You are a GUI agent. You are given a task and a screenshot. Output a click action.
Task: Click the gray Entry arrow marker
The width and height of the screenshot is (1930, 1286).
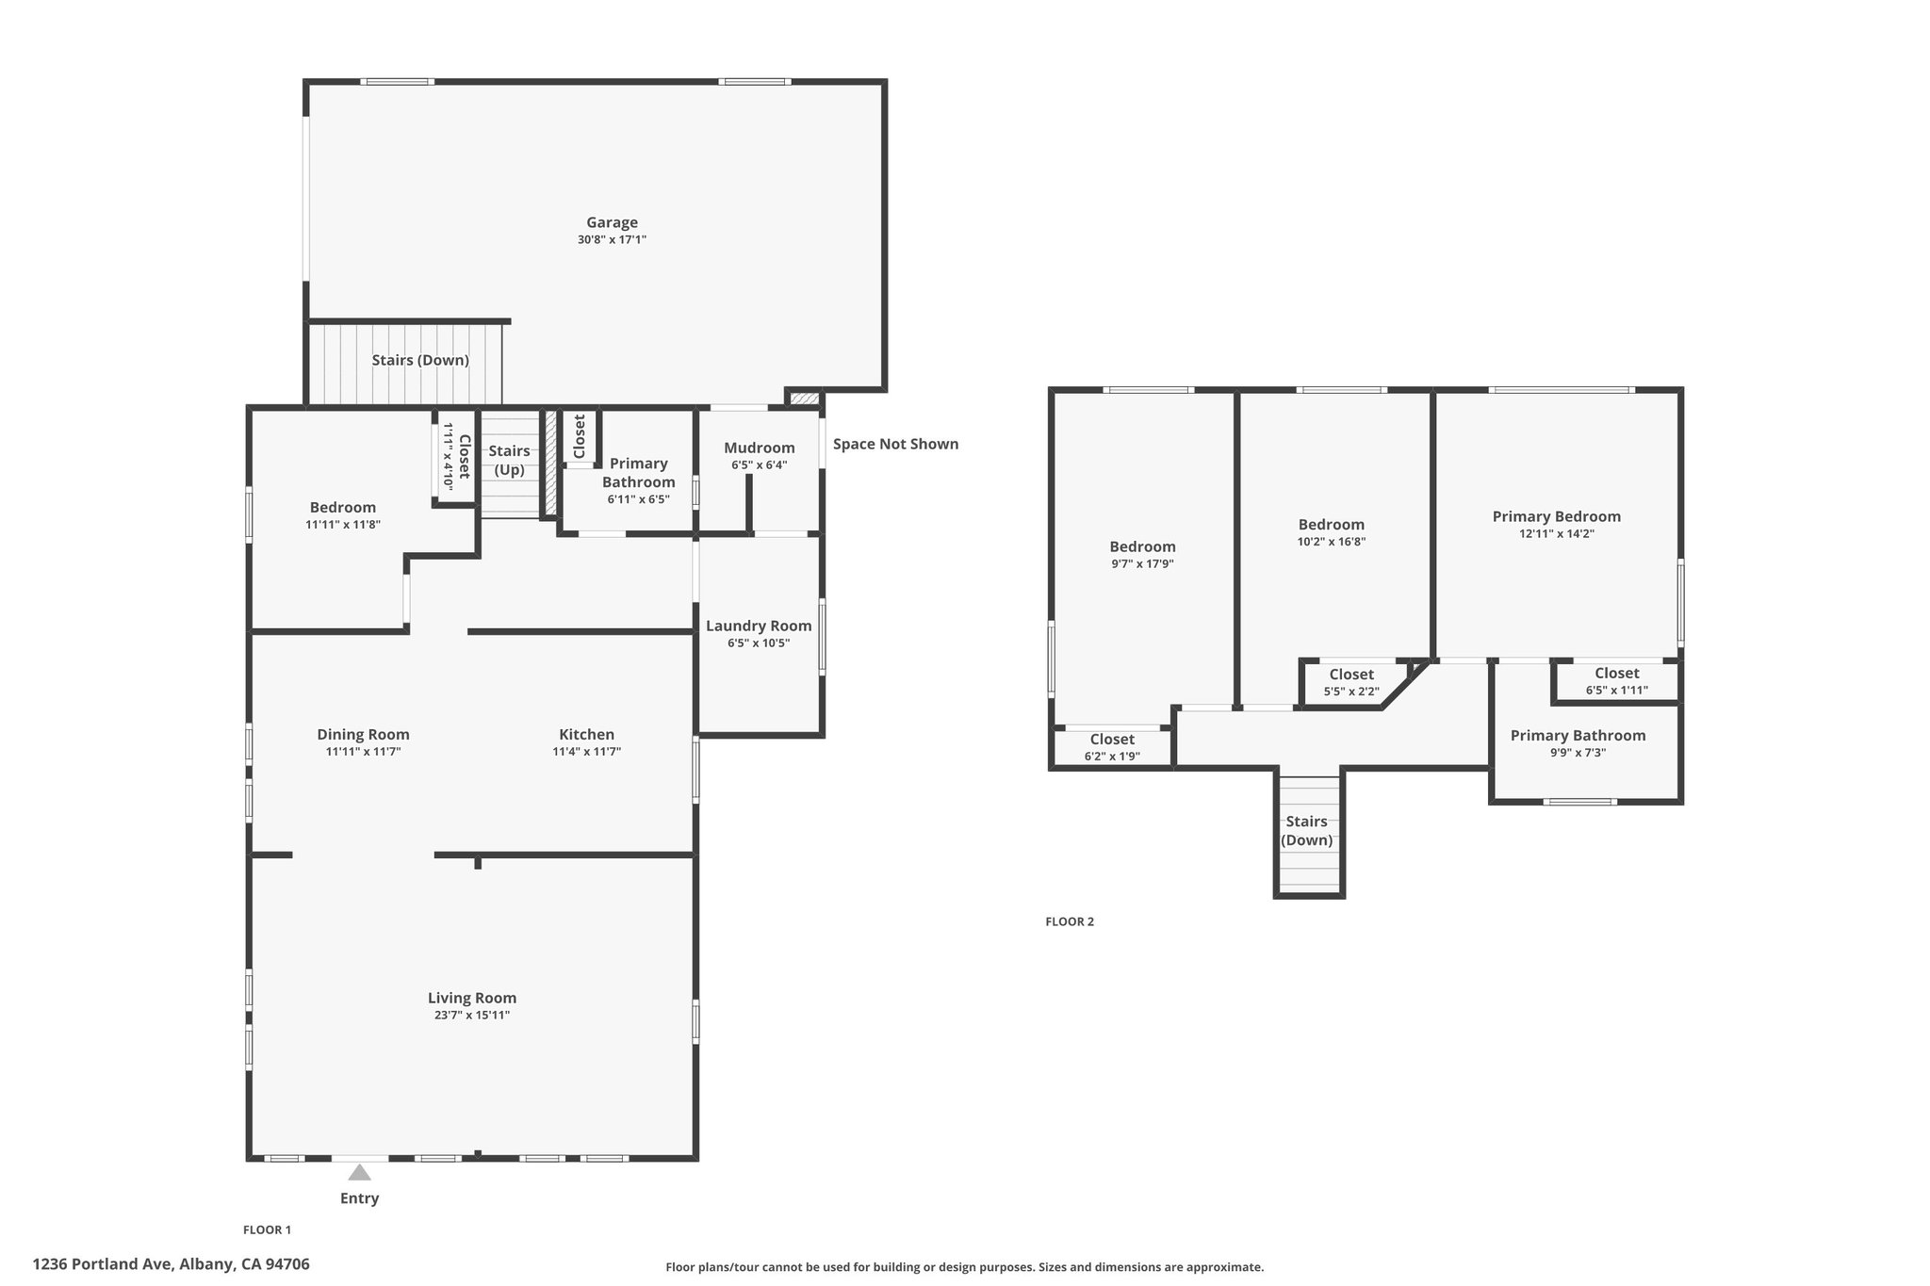tap(359, 1172)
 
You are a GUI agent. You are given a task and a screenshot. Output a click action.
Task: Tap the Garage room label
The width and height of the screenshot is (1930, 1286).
tap(613, 222)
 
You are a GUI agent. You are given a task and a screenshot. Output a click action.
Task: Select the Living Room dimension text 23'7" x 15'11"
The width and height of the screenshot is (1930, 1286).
tap(472, 1015)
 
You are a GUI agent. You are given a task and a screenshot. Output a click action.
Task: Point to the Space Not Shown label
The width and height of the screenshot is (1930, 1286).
tap(895, 444)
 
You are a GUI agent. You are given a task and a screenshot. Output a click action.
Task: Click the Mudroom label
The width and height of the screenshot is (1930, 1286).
tap(760, 448)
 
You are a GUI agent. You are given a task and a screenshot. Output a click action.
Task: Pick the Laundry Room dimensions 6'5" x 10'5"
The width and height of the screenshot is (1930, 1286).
tap(759, 643)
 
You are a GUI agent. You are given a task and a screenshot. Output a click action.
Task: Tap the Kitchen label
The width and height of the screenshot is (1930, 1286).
tap(586, 734)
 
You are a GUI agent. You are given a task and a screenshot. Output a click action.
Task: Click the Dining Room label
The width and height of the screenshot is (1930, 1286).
tap(363, 735)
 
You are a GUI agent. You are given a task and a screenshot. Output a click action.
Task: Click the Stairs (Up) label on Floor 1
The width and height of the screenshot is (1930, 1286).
tap(509, 460)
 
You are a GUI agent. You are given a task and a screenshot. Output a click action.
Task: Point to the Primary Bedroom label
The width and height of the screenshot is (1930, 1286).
tap(1557, 516)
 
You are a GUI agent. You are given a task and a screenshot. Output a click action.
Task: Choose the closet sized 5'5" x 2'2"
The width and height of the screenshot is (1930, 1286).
tap(1351, 682)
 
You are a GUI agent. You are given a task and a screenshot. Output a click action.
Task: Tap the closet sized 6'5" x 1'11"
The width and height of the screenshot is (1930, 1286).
tap(1617, 681)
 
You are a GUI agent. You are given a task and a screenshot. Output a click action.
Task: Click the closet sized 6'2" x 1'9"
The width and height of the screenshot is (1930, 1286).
tap(1112, 747)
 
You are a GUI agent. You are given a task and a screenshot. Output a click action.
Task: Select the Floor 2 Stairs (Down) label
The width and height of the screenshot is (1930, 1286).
tap(1307, 831)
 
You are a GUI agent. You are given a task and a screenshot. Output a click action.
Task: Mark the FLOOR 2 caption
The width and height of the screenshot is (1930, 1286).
tap(1070, 921)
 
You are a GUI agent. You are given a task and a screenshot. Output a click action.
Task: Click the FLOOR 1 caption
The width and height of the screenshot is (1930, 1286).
tap(268, 1229)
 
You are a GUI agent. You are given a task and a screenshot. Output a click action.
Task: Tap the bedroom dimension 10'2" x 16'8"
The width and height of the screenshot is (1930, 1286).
tap(1332, 542)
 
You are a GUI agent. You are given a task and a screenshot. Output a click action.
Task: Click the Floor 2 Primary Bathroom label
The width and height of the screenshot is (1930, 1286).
tap(1578, 736)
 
